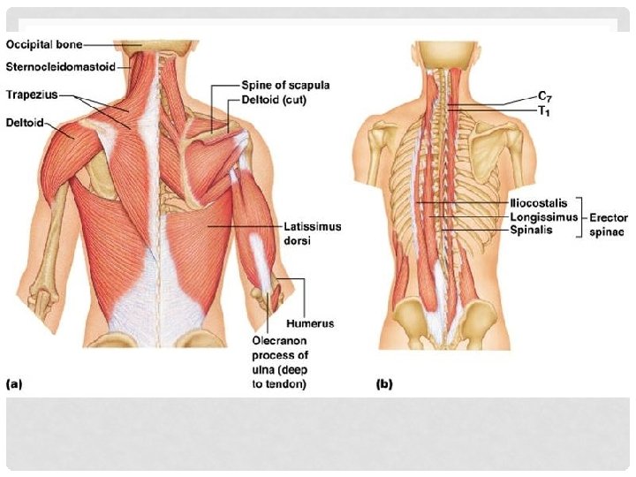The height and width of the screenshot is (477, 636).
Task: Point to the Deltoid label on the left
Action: [24, 122]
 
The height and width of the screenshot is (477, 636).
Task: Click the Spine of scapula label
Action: [285, 86]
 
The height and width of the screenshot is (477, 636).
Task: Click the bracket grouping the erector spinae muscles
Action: [584, 216]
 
